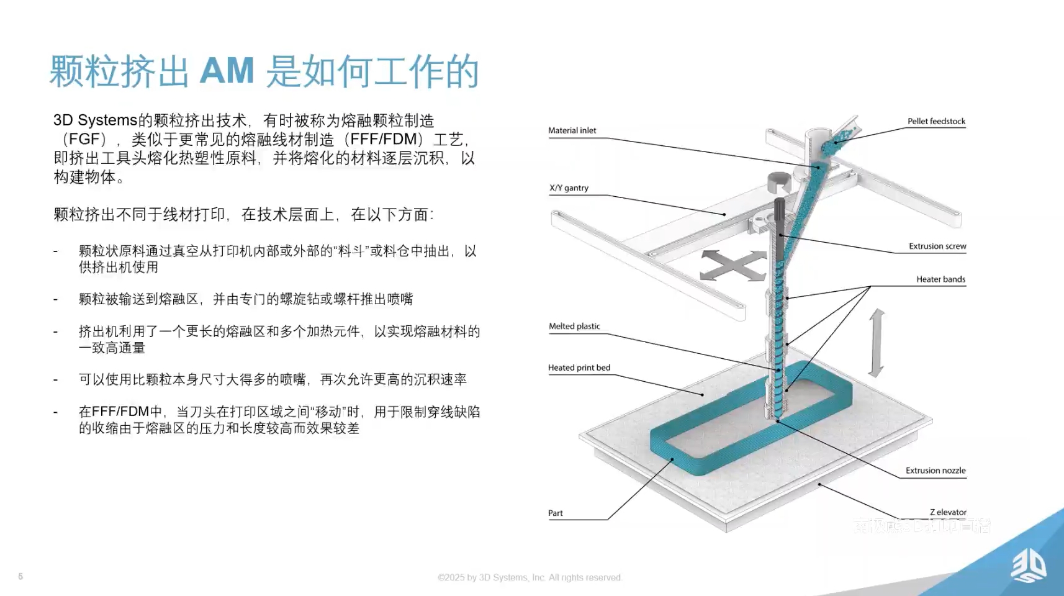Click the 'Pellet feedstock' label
[x=936, y=121]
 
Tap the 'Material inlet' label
[x=572, y=130]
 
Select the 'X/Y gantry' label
[x=569, y=187]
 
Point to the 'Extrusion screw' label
[x=937, y=246]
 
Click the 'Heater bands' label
[x=940, y=279]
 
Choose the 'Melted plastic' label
[x=574, y=326]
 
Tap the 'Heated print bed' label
[x=579, y=368]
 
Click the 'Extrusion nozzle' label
[x=936, y=470]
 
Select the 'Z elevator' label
[x=948, y=512]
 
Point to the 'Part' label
[x=555, y=513]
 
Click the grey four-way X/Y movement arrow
[x=733, y=266]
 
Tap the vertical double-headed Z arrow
[x=876, y=343]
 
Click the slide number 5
[x=20, y=576]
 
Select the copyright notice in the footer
[x=530, y=577]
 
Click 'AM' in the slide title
[x=227, y=71]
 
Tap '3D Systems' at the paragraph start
[x=95, y=120]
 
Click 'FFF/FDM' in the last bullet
[x=120, y=412]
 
